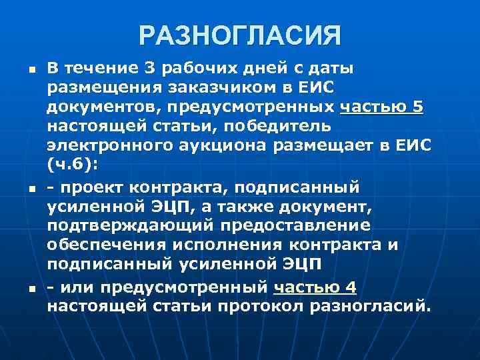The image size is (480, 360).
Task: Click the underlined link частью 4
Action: click(315, 287)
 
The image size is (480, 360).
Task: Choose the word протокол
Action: click(265, 307)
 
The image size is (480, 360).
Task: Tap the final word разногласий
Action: click(375, 307)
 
